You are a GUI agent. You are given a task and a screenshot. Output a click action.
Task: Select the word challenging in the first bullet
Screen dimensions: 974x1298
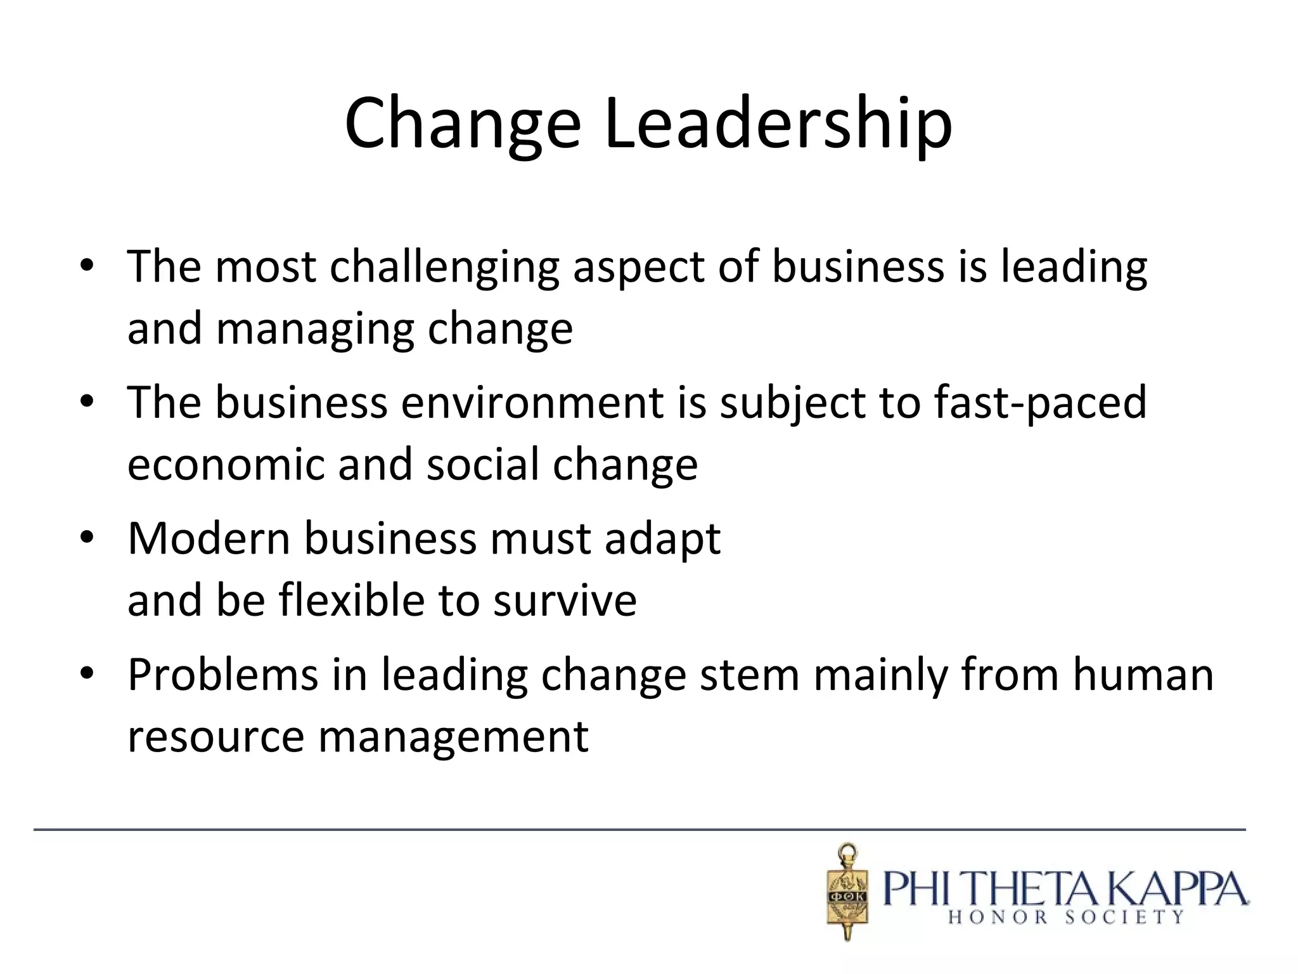point(444,268)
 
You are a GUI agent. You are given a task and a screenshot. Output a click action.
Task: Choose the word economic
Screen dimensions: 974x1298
point(226,465)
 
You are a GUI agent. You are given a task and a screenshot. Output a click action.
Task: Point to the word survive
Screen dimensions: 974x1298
point(565,601)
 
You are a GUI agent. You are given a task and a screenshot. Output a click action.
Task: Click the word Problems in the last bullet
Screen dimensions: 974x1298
point(222,675)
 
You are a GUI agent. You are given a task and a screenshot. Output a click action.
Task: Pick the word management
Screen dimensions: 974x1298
point(453,737)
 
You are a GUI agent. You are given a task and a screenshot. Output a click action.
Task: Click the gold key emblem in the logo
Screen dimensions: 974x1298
point(847,891)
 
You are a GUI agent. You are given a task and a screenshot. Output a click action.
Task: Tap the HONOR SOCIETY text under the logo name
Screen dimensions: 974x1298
point(1065,917)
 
